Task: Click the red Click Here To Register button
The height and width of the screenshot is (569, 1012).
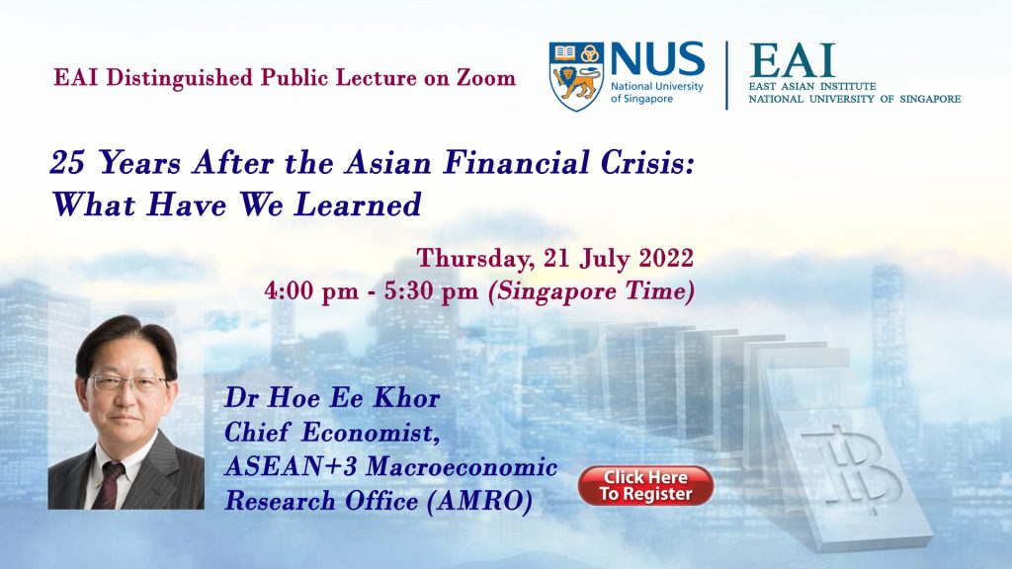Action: click(x=645, y=486)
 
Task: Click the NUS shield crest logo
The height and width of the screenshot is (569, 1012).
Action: click(x=576, y=76)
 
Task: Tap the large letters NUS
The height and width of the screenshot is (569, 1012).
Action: click(x=657, y=59)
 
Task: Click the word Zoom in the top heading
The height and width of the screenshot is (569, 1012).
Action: click(x=486, y=78)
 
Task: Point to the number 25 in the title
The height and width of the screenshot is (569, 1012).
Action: click(x=67, y=163)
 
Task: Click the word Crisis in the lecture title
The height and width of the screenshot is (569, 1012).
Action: click(x=646, y=163)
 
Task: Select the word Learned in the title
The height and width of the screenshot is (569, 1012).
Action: click(x=358, y=204)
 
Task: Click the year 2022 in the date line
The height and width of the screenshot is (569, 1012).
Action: click(x=666, y=258)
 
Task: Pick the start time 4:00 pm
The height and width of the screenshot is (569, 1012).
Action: click(x=311, y=291)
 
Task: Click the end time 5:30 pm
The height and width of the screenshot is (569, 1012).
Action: click(x=431, y=291)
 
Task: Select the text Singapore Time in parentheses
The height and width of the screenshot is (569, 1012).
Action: click(x=592, y=291)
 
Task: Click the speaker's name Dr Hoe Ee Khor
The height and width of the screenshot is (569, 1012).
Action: click(x=332, y=398)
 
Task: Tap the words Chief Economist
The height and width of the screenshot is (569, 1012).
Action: click(x=332, y=433)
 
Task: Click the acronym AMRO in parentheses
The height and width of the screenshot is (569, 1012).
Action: click(x=479, y=501)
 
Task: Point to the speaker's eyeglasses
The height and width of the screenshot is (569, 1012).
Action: click(x=127, y=384)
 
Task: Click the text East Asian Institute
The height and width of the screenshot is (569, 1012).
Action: click(x=812, y=86)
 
